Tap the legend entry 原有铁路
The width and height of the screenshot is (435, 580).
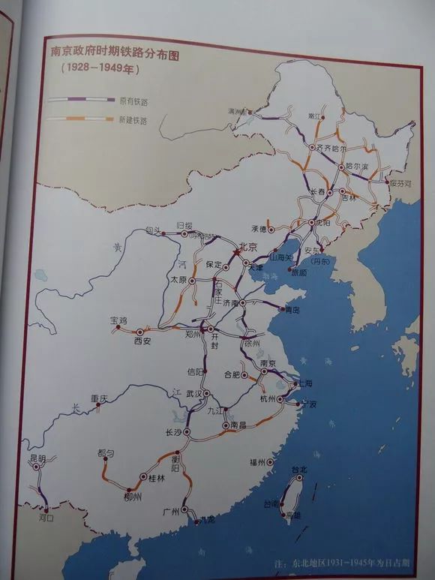click(x=132, y=99)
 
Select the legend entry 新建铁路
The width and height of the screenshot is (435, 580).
click(x=132, y=119)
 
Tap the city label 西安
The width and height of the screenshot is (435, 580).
click(x=142, y=341)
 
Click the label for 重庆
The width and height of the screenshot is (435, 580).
click(x=100, y=398)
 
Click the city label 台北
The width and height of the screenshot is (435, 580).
click(x=299, y=470)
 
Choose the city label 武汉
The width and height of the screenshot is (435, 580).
click(x=195, y=394)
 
